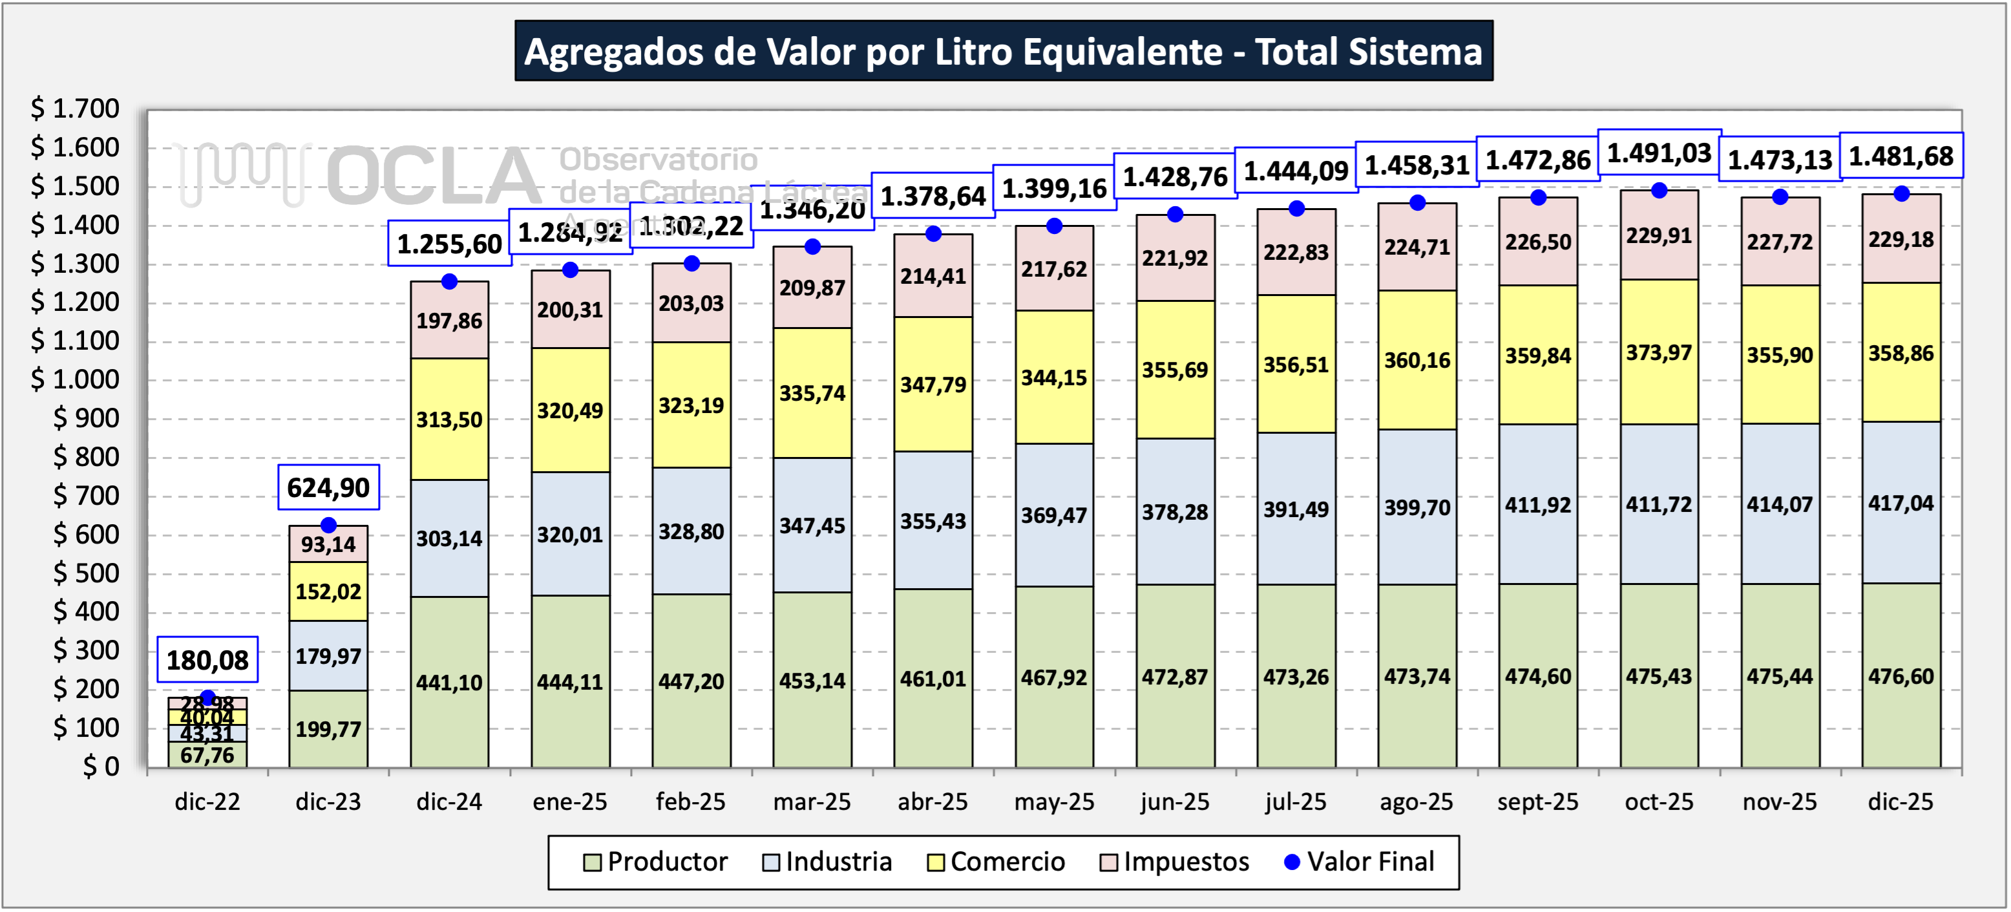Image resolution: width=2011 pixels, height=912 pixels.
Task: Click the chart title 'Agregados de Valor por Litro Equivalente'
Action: pyautogui.click(x=1003, y=52)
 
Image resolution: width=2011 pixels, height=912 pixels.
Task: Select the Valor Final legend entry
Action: pyautogui.click(x=1358, y=862)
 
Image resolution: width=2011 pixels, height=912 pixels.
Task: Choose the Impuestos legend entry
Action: pyautogui.click(x=1174, y=862)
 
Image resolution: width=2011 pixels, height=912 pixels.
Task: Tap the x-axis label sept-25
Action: pyautogui.click(x=1537, y=802)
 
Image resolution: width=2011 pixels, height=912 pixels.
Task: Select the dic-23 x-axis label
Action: pyautogui.click(x=328, y=802)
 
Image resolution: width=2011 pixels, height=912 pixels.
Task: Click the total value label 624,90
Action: pyautogui.click(x=328, y=488)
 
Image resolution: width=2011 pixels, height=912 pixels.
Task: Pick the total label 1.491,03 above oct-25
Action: pyautogui.click(x=1659, y=153)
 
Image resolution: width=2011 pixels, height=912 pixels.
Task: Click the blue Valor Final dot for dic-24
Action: pyautogui.click(x=449, y=282)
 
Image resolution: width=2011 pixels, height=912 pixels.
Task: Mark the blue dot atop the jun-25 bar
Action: pyautogui.click(x=1175, y=215)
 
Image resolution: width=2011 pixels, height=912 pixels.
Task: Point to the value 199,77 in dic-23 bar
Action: pyautogui.click(x=328, y=729)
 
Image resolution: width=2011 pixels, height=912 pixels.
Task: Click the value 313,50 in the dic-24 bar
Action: pyautogui.click(x=449, y=420)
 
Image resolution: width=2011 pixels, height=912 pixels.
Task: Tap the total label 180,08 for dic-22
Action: pyautogui.click(x=207, y=661)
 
